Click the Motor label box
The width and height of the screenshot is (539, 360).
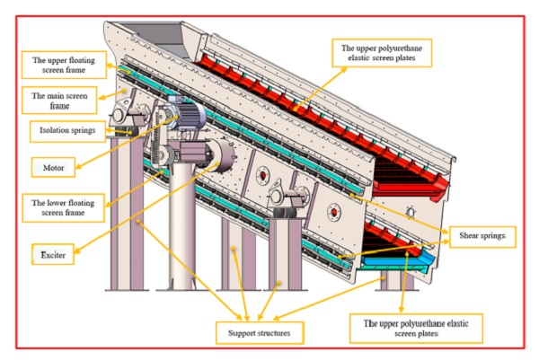(x=47, y=166)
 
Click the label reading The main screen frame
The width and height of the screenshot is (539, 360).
(x=60, y=99)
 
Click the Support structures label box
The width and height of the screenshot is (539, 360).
(x=258, y=333)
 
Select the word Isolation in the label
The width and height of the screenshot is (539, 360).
(x=52, y=128)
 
